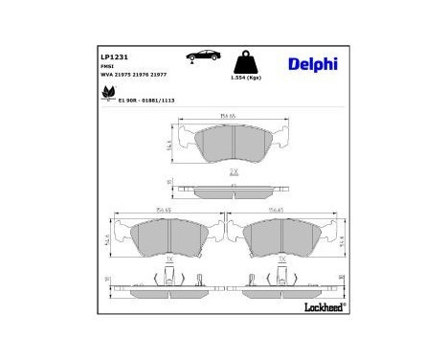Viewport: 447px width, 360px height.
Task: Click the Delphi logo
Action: coord(311,64)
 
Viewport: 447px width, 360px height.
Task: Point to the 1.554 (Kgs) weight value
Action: coord(246,79)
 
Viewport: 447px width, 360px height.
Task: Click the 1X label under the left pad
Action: coord(169,259)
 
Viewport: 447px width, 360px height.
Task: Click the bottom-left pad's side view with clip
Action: coord(168,283)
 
